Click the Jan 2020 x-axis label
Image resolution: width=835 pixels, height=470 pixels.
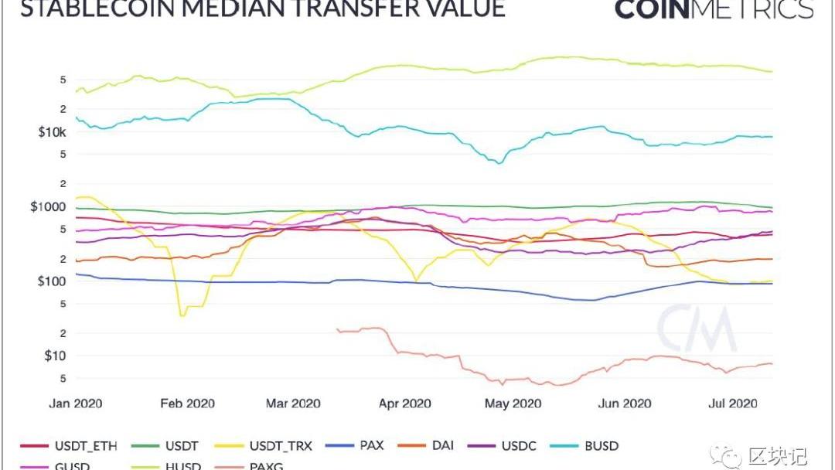click(76, 404)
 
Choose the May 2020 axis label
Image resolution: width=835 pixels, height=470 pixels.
click(511, 404)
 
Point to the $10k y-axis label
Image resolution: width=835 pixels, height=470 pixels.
click(52, 132)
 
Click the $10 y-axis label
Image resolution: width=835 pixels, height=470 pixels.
click(56, 356)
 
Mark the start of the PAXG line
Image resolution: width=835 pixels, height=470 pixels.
click(338, 329)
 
